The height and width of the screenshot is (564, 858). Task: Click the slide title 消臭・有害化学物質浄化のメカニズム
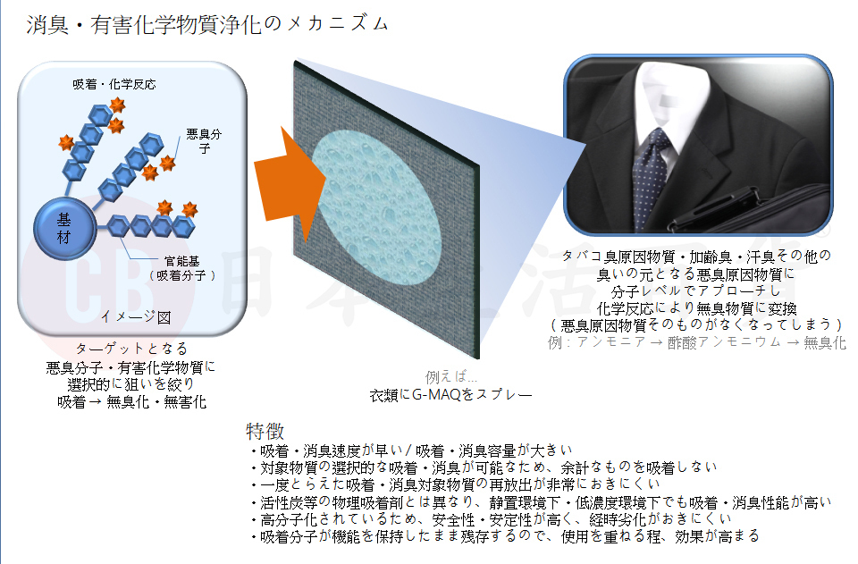pos(207,24)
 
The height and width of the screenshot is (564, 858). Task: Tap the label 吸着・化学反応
pos(114,85)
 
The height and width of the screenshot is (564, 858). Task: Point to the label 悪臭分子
pos(204,141)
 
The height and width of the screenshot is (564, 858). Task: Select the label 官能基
pos(181,261)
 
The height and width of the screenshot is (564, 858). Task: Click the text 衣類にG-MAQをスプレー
pos(450,393)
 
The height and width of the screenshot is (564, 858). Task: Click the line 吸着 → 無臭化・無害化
pos(131,401)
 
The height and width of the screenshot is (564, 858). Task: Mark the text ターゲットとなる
pos(132,349)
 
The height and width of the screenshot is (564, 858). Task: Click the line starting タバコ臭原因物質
pos(695,256)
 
